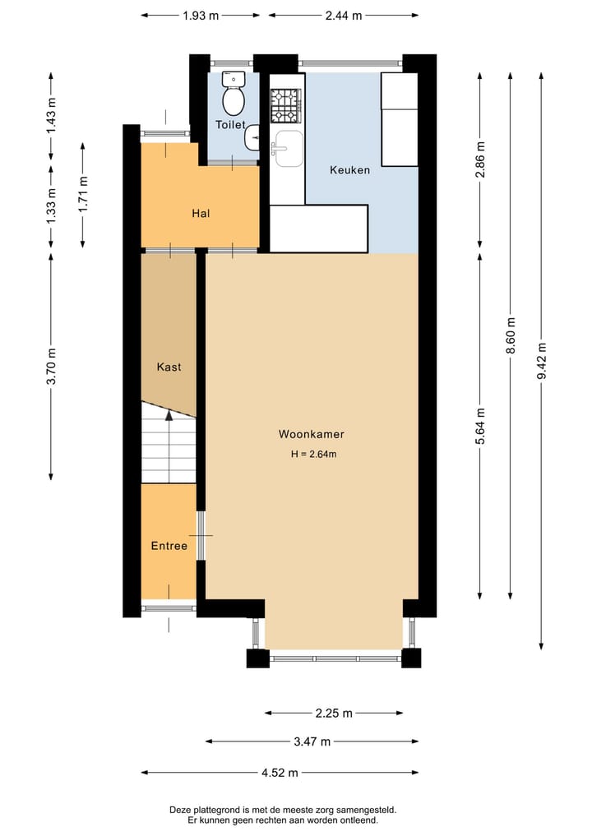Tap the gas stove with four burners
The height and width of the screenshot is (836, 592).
[285, 105]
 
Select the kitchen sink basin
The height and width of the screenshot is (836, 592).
[288, 148]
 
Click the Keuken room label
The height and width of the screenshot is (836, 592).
[349, 170]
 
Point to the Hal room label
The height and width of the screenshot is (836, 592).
[201, 213]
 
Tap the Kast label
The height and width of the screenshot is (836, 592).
[169, 367]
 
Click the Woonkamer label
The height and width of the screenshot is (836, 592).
[311, 434]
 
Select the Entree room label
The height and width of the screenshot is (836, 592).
[169, 546]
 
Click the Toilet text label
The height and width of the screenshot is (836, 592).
[230, 125]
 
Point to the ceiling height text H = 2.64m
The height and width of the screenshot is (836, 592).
[313, 455]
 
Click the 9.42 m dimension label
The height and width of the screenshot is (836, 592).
[541, 360]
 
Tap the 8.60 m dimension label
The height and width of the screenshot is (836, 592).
[511, 336]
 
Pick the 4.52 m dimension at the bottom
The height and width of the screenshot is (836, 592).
[280, 772]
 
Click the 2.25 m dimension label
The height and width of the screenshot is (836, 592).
[334, 713]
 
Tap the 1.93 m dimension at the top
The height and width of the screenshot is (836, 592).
[201, 15]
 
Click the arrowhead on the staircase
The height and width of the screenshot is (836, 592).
[169, 416]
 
